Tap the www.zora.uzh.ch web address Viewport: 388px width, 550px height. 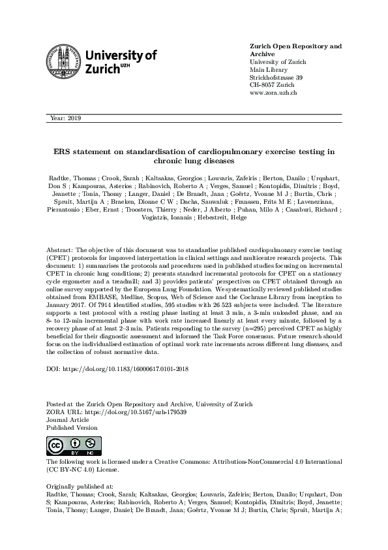point(273,93)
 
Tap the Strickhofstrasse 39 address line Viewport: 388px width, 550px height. point(276,78)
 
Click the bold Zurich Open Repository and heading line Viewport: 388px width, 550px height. point(295,46)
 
